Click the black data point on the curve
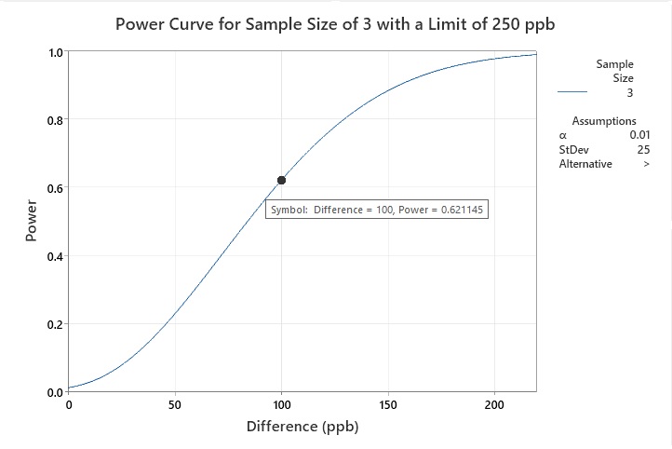[281, 180]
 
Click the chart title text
[336, 24]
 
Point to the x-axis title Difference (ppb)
[302, 428]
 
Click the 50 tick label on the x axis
[175, 405]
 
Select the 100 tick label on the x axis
[281, 405]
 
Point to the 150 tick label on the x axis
[388, 405]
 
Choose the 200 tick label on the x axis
[494, 405]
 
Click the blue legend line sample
[572, 93]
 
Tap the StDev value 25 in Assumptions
[643, 150]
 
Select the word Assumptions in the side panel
[604, 121]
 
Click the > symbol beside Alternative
[646, 164]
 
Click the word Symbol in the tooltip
[288, 211]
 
